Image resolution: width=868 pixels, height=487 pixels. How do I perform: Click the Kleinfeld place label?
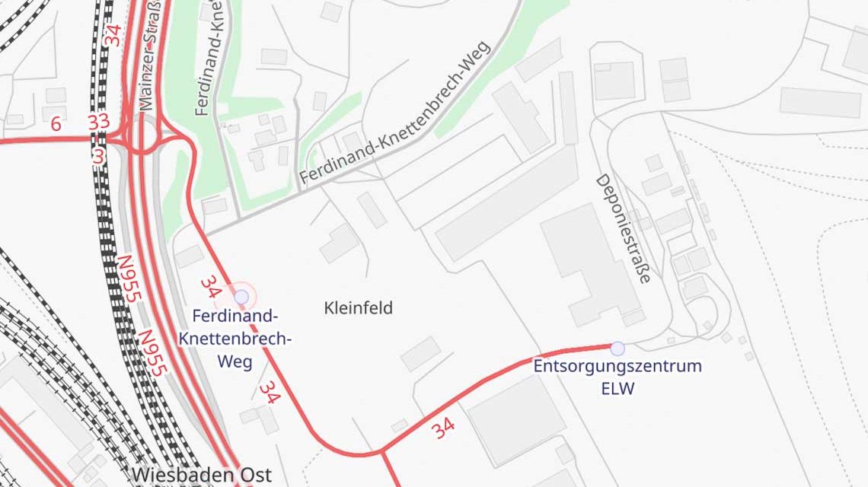coord(358,308)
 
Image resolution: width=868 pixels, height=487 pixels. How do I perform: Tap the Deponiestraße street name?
coord(623,229)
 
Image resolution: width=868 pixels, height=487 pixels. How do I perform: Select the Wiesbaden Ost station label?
coord(201,475)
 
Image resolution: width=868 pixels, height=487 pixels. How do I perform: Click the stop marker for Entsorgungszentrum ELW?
coord(617,349)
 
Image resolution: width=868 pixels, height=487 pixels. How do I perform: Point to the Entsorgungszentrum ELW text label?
coord(617,377)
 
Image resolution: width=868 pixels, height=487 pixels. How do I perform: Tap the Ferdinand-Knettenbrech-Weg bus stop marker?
coord(241,297)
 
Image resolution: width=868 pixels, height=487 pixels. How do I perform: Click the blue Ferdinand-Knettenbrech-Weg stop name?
coord(235,339)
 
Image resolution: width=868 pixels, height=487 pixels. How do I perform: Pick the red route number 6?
coord(56,124)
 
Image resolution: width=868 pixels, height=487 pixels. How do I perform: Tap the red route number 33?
coord(98,122)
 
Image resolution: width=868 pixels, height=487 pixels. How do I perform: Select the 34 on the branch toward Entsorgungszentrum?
coord(443,428)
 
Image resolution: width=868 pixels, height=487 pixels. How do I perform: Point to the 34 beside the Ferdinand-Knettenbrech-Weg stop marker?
coord(210,287)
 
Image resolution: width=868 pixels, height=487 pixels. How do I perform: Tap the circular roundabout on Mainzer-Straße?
coord(143,137)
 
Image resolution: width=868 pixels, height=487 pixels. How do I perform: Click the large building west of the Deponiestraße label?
coord(586,259)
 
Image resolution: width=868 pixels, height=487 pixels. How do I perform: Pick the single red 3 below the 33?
coord(98,155)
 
